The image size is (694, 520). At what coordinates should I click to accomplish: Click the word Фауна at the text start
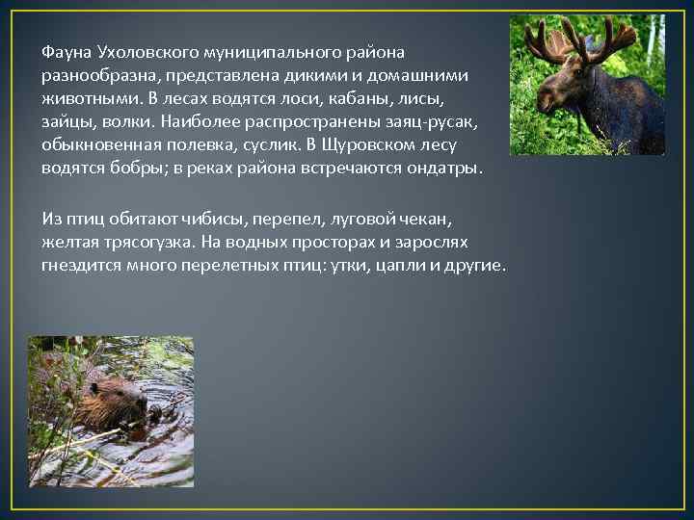65,51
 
